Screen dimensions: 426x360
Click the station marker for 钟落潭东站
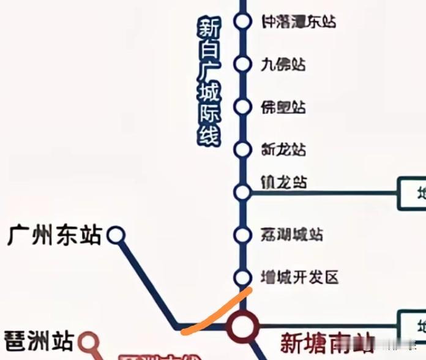pos(243,21)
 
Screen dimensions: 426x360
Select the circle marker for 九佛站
pos(243,64)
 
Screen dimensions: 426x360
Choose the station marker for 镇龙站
pos(243,192)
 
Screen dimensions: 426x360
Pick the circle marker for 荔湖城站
pos(243,234)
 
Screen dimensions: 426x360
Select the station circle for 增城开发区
pos(243,277)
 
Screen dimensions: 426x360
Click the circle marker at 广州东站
pos(116,235)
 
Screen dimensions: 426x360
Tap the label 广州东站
pos(54,235)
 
